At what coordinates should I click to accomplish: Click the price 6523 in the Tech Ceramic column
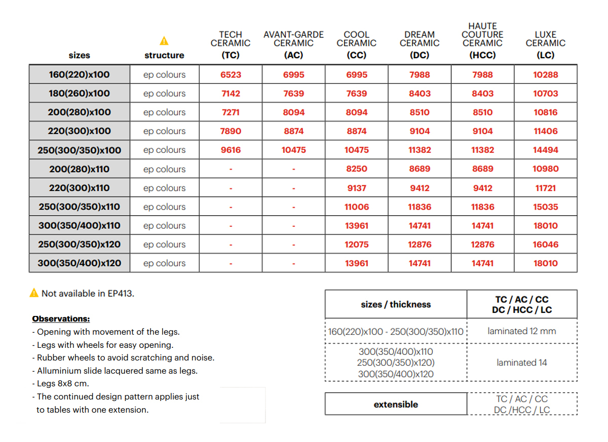point(231,75)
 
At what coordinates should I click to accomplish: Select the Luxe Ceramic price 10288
point(545,75)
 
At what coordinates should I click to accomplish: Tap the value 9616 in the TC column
point(231,150)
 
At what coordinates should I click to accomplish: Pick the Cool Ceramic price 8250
point(357,169)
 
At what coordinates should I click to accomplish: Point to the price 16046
point(545,245)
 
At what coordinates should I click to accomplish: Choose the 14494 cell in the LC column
point(545,150)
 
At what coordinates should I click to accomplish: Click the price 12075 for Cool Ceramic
point(357,245)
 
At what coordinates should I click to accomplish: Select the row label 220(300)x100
point(80,131)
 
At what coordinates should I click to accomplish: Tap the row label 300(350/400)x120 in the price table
point(80,263)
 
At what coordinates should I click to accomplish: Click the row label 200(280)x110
point(80,169)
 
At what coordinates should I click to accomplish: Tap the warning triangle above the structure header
point(164,41)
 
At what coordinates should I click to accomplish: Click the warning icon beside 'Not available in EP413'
point(34,293)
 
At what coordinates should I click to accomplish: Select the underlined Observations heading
point(61,319)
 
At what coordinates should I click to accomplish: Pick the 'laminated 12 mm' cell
point(522,331)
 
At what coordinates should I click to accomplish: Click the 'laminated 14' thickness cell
point(522,363)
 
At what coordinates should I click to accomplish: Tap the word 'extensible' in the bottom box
point(396,405)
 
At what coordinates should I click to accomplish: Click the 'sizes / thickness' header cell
point(396,304)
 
